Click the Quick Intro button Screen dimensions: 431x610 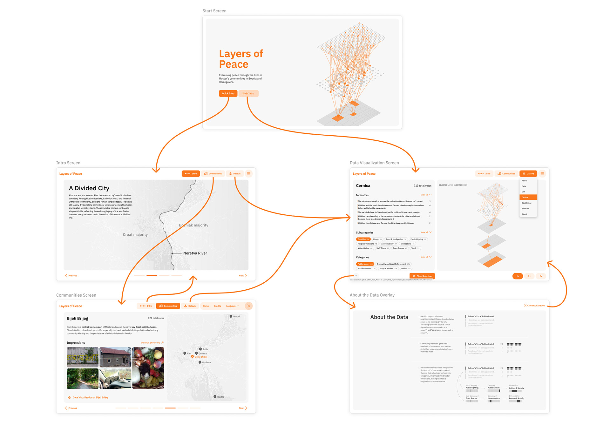point(228,93)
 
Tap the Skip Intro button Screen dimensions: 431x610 point(248,93)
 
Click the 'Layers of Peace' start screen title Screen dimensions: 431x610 point(241,59)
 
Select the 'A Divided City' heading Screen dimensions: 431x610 point(89,188)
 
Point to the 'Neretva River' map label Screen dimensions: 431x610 point(195,253)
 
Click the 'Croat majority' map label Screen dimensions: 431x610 point(135,235)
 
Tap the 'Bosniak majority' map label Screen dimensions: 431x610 point(193,225)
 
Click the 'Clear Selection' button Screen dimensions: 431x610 point(422,276)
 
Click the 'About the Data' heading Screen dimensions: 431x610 point(389,317)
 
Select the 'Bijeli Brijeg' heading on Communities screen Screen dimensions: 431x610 point(78,318)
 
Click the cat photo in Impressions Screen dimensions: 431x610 point(115,379)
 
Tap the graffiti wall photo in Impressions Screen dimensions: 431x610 point(83,357)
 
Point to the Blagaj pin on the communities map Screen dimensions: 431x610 point(215,397)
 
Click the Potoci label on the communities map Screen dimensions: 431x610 point(236,316)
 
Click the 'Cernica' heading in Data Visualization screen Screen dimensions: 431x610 point(363,186)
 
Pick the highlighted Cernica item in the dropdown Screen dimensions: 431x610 point(528,197)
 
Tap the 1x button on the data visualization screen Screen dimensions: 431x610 point(518,276)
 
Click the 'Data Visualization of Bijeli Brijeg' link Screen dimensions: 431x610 point(90,397)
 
